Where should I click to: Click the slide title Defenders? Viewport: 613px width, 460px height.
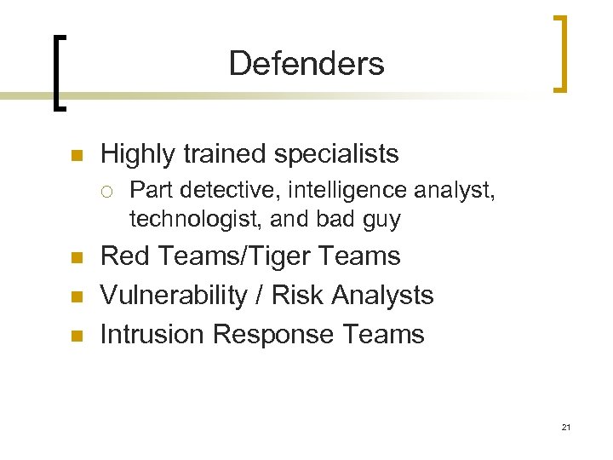(x=306, y=63)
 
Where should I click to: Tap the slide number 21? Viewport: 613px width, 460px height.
(x=565, y=426)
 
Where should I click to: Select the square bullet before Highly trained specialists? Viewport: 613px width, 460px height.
(x=75, y=156)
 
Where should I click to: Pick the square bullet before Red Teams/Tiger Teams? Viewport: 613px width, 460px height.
(x=75, y=257)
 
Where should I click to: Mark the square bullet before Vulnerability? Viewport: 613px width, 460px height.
(x=75, y=296)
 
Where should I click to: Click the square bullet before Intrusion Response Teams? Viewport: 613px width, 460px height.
(x=75, y=336)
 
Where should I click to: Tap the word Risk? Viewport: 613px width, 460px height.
(x=301, y=295)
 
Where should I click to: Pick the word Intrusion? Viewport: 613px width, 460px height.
(x=152, y=334)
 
